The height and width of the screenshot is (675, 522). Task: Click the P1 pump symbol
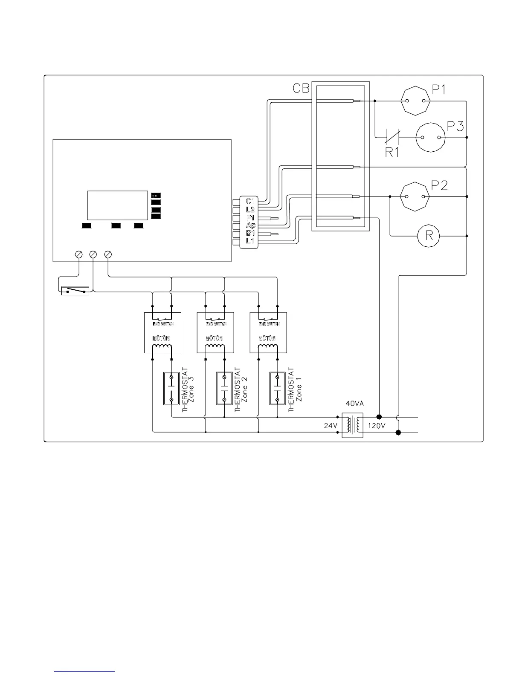[415, 101]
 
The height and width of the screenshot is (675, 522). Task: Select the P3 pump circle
[430, 137]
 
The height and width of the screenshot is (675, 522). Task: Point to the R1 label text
[392, 152]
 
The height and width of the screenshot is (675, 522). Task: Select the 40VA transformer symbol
[352, 425]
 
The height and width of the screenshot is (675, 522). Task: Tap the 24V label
[331, 426]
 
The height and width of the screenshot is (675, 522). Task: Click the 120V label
[377, 426]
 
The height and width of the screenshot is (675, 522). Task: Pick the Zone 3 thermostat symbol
[171, 389]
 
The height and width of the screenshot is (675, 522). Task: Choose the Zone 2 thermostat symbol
[224, 389]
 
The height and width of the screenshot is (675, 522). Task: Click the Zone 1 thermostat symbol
[277, 389]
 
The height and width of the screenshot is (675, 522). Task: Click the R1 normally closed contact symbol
[392, 137]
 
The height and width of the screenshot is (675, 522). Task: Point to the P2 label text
[439, 185]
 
